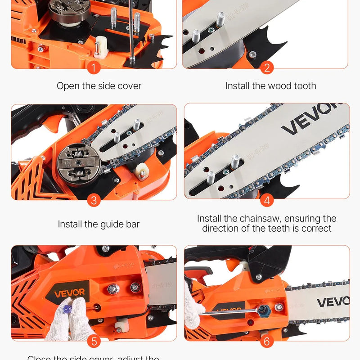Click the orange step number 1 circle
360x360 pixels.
[x=94, y=68]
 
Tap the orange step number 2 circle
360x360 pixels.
[x=267, y=68]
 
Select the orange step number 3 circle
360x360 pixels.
[x=94, y=200]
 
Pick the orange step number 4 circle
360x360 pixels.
[x=267, y=200]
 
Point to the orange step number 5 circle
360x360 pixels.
[x=94, y=341]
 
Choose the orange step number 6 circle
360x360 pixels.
[x=267, y=341]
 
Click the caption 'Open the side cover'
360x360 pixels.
[x=99, y=85]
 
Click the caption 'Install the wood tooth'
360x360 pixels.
[x=271, y=85]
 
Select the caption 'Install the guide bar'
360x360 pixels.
[x=99, y=224]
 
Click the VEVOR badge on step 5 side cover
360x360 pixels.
[x=69, y=292]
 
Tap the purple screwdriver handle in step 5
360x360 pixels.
[x=67, y=310]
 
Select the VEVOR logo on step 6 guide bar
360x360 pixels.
[x=333, y=301]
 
